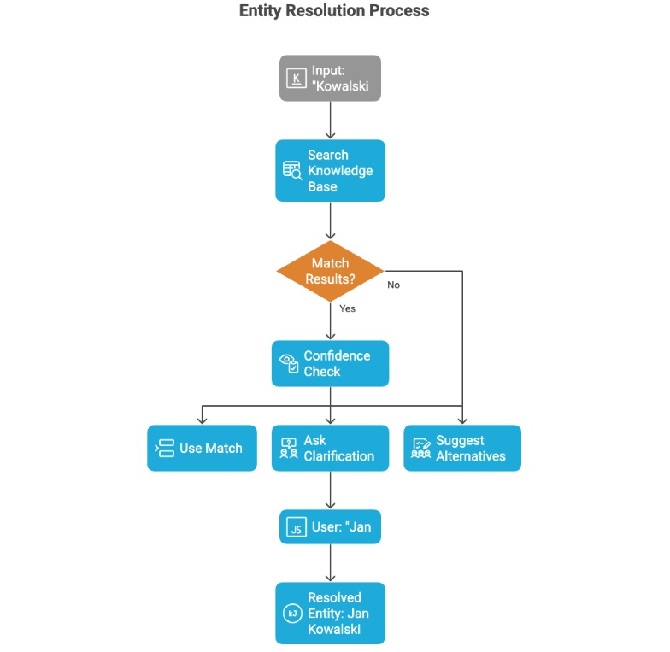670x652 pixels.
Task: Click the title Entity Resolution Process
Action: [334, 11]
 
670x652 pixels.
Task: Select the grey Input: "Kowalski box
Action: [330, 78]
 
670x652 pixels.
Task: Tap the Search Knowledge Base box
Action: [330, 171]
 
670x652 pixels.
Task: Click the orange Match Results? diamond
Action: [330, 271]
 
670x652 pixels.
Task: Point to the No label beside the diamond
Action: [393, 285]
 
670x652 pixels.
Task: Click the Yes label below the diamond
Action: [347, 308]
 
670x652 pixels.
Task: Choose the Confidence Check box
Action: [330, 363]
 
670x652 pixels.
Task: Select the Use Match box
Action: [202, 448]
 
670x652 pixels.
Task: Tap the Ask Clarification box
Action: [330, 448]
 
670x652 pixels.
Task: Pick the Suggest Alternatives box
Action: [462, 448]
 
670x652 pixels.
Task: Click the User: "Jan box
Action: [330, 527]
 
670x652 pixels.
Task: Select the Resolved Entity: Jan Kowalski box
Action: [330, 613]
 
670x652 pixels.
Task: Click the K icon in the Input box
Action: [297, 79]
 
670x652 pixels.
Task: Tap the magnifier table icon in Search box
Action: [292, 171]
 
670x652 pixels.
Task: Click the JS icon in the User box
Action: [296, 528]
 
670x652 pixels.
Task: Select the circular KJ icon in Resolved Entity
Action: [291, 614]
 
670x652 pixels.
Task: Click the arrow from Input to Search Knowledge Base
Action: [330, 120]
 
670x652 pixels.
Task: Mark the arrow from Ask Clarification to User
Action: [330, 490]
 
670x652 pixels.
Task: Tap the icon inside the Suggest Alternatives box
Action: [421, 449]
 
